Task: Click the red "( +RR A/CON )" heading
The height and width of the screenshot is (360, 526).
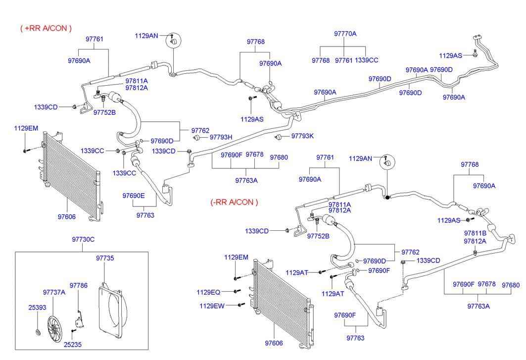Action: click(46, 28)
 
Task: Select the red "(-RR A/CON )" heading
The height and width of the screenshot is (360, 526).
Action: click(235, 202)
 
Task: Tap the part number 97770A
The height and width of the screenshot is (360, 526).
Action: click(345, 34)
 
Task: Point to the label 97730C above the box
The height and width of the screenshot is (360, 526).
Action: click(83, 240)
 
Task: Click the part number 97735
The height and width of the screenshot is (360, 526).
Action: click(104, 258)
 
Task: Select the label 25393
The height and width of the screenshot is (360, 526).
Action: click(37, 308)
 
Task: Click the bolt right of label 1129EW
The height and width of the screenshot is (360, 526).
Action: click(241, 305)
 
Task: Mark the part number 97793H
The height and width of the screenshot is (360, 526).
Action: click(221, 137)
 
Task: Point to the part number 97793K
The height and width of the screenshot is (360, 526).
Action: click(302, 136)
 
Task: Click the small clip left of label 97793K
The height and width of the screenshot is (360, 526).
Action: click(279, 136)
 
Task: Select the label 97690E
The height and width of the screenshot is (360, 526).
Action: click(134, 196)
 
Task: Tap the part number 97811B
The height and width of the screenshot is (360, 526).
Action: click(475, 233)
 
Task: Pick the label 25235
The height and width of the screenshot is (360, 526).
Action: click(73, 344)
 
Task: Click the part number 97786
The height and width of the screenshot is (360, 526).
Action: click(78, 285)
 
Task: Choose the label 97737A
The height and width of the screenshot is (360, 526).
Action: click(54, 292)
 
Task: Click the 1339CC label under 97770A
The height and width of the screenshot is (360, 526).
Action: click(367, 60)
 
